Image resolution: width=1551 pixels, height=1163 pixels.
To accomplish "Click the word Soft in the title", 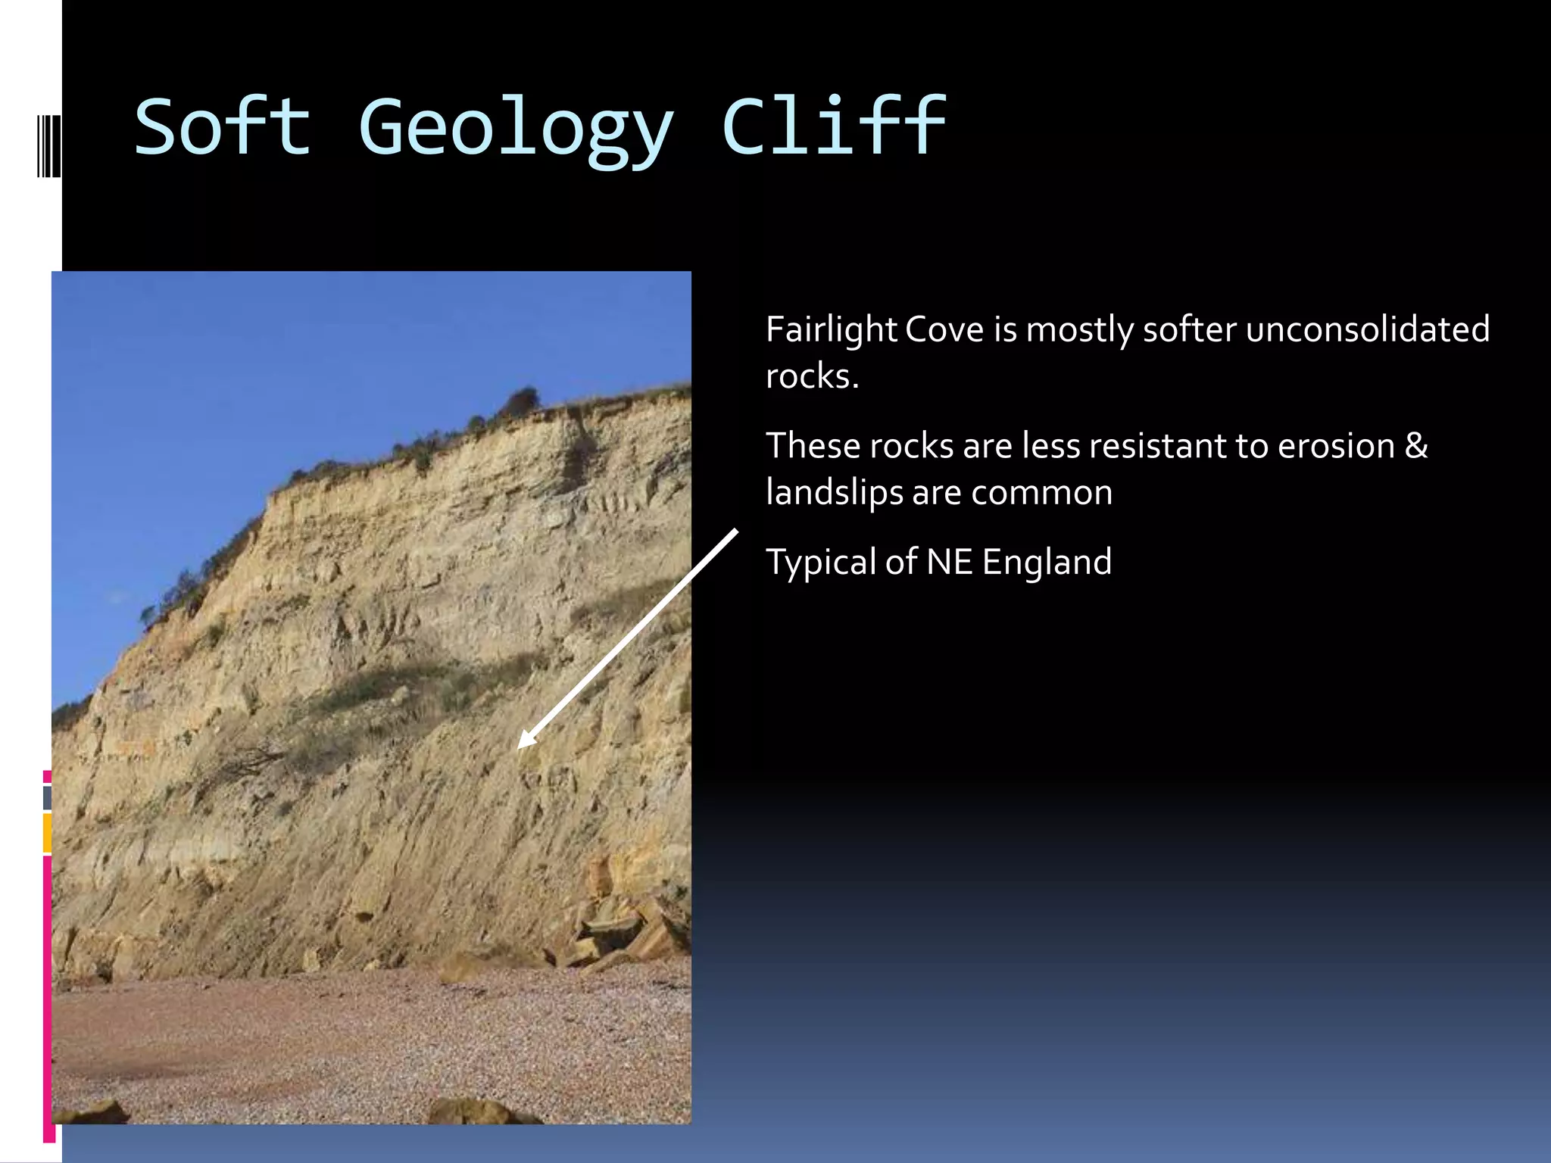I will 222,127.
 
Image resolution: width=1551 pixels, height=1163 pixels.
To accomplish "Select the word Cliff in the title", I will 833,127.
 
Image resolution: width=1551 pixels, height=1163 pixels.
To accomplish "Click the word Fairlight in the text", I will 831,330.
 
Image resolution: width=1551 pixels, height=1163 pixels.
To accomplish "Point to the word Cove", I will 944,330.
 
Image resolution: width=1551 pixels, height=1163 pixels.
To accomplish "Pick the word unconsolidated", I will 1368,330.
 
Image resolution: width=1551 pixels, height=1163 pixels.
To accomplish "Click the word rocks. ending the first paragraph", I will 812,377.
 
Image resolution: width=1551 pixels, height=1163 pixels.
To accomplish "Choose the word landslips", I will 834,494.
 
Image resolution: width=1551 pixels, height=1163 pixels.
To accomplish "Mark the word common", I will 1041,494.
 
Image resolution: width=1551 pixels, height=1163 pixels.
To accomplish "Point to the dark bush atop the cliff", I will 521,401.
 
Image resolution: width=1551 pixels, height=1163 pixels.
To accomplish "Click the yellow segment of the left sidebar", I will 47,833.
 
